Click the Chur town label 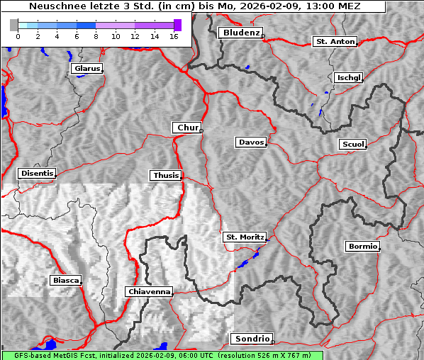[186, 128]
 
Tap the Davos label [250, 142]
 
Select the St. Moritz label [244, 237]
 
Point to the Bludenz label [240, 33]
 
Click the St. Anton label [334, 42]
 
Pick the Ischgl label [348, 77]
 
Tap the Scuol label [352, 145]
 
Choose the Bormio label [362, 247]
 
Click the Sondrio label [250, 339]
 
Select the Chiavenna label [148, 291]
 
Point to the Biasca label [65, 280]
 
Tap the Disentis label [36, 173]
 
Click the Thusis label [165, 175]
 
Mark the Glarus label [86, 69]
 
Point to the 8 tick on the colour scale [96, 35]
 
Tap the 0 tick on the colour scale [18, 35]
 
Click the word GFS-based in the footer [26, 355]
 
